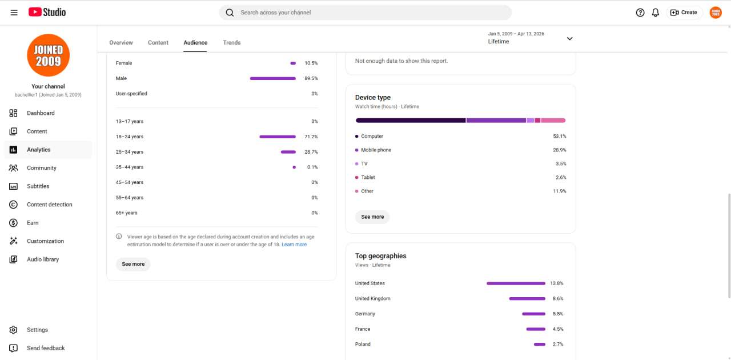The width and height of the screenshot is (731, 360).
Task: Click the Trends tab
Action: (232, 42)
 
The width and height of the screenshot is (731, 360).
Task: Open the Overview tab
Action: (121, 42)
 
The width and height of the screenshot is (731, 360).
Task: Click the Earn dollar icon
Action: (13, 223)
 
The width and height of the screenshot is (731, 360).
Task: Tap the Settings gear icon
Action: (13, 330)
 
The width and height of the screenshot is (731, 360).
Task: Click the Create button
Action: (684, 13)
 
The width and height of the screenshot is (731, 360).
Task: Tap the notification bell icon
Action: (655, 13)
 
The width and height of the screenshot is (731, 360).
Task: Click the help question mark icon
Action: (640, 13)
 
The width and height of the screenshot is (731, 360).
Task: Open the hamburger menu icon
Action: (14, 13)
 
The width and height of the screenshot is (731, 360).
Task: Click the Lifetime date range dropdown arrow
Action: (569, 38)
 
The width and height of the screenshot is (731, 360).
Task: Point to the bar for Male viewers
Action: (273, 78)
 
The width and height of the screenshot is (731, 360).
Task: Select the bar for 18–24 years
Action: (278, 137)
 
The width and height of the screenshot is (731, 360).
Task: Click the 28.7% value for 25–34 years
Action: (311, 152)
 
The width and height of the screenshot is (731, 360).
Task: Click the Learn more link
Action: (294, 245)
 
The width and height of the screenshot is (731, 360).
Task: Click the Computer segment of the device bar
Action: (411, 121)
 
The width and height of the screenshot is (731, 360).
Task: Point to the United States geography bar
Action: (516, 283)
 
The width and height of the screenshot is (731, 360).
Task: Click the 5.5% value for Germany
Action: (558, 314)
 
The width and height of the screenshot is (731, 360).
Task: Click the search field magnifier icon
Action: (230, 13)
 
